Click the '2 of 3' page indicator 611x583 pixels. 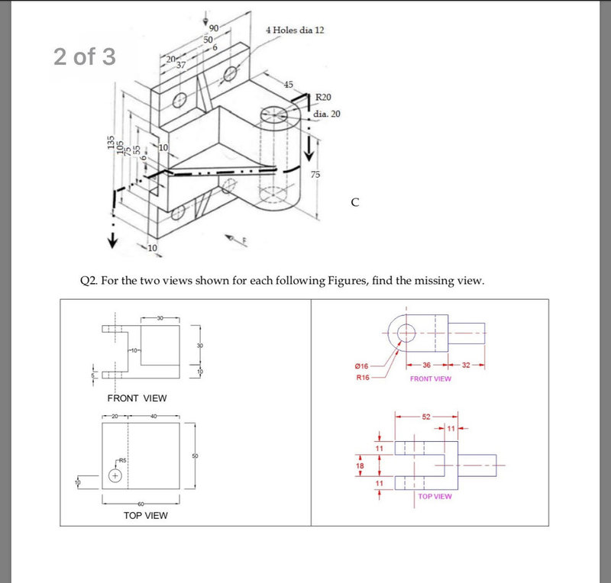[x=85, y=57]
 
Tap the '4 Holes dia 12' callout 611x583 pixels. [x=295, y=30]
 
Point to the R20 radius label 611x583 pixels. [x=324, y=98]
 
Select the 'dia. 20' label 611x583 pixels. [x=327, y=114]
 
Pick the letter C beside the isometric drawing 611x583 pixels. [x=354, y=202]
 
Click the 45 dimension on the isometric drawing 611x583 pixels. [x=288, y=84]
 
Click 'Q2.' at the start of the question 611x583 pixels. [x=89, y=280]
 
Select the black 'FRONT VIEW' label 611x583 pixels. [x=137, y=398]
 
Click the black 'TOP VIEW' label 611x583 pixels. [x=146, y=516]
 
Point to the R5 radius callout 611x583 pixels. [x=122, y=462]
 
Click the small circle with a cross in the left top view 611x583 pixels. [x=115, y=475]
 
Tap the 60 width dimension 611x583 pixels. [x=141, y=504]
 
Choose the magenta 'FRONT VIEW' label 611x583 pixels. [x=431, y=378]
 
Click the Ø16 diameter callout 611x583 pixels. [x=364, y=367]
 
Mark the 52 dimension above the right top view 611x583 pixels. [x=426, y=417]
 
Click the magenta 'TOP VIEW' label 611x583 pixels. [x=435, y=496]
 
